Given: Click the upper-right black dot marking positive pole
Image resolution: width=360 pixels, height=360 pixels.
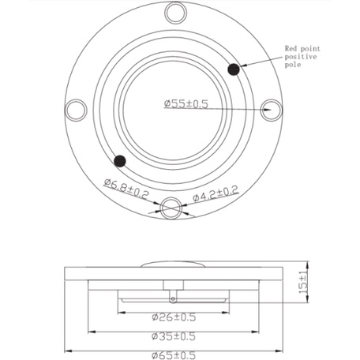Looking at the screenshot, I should pos(234,70).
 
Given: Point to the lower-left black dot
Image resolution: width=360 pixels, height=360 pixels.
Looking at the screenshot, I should pos(120,161).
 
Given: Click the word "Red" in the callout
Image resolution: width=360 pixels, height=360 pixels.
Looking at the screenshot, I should pos(291,48).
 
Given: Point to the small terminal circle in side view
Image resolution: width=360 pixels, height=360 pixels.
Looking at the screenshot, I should pos(173,298).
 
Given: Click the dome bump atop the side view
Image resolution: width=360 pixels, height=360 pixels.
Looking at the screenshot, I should pos(173,266).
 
